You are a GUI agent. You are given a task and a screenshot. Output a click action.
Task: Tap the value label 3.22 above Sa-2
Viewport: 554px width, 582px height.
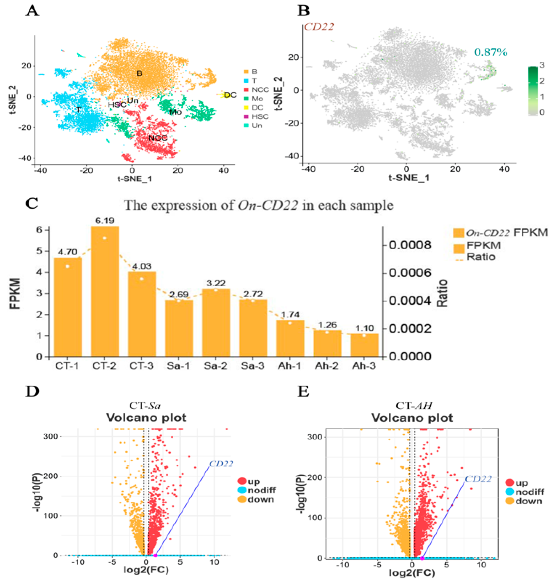216,283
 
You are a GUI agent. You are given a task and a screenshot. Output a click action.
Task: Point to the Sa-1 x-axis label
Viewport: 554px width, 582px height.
178,366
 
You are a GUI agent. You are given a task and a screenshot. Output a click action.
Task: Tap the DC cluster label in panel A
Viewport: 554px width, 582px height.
230,95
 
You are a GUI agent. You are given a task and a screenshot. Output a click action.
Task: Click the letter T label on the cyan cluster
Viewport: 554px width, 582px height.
78,110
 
